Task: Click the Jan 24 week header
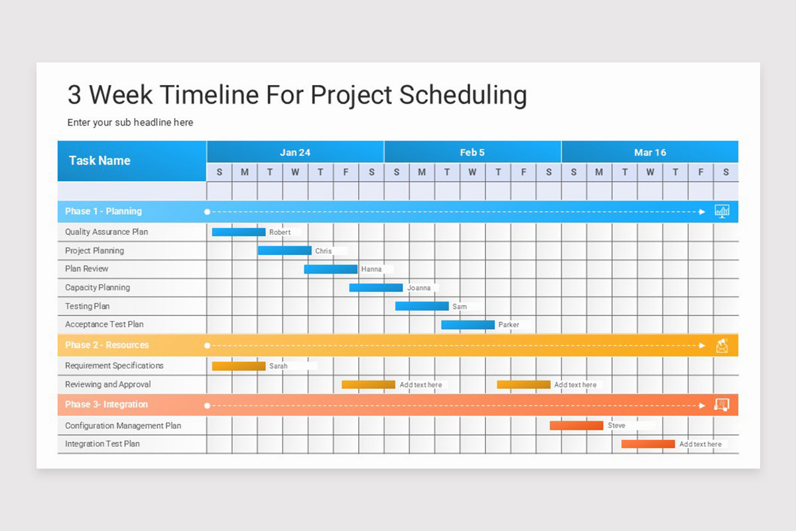tap(295, 153)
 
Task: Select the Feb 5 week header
tap(472, 153)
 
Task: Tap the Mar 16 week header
tap(649, 153)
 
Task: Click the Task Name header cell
tap(99, 161)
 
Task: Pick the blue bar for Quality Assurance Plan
tap(238, 232)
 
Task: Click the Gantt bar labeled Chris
tap(285, 251)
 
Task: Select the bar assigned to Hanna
tap(330, 269)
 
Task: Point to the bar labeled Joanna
tap(375, 287)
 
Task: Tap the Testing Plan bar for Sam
tap(422, 306)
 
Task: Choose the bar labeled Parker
tap(468, 325)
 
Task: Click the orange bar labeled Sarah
tap(238, 366)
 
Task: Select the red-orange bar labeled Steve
tap(576, 425)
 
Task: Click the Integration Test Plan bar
tap(648, 444)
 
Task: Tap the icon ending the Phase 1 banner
tap(722, 211)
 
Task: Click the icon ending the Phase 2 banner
tap(722, 345)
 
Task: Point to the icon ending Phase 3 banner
tap(722, 405)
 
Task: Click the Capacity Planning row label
tap(98, 287)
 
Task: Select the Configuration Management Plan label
tap(123, 425)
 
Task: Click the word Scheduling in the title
tap(463, 95)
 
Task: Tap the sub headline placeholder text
tap(130, 123)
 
